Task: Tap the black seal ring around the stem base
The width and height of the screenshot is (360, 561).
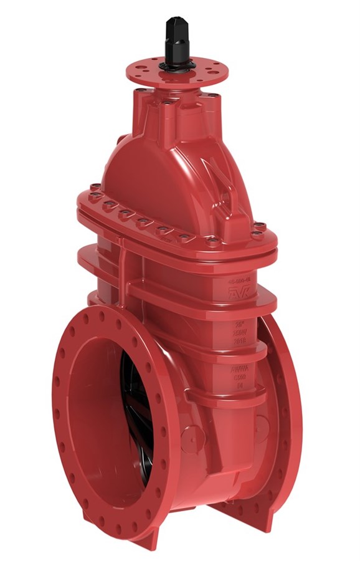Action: click(x=173, y=65)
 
